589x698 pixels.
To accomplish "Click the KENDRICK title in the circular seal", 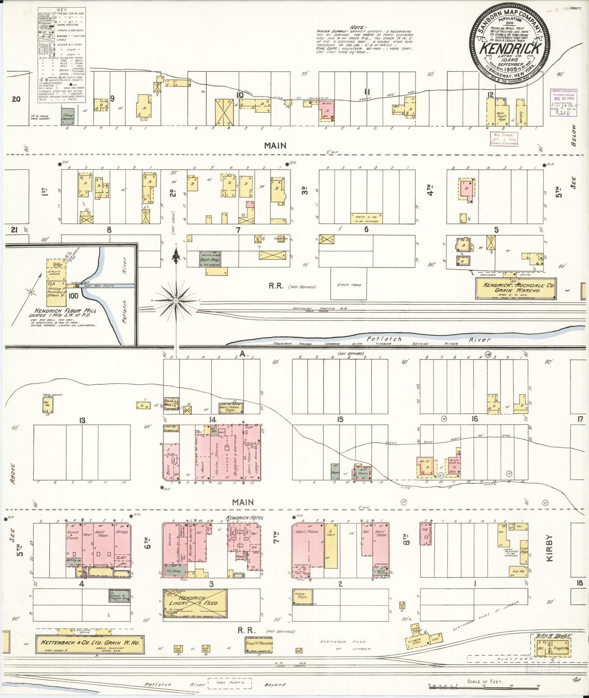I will [x=511, y=49].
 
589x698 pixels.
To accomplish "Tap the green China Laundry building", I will [x=68, y=116].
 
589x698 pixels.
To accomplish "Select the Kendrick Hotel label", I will [x=245, y=518].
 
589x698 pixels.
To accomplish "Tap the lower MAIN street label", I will [x=243, y=503].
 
